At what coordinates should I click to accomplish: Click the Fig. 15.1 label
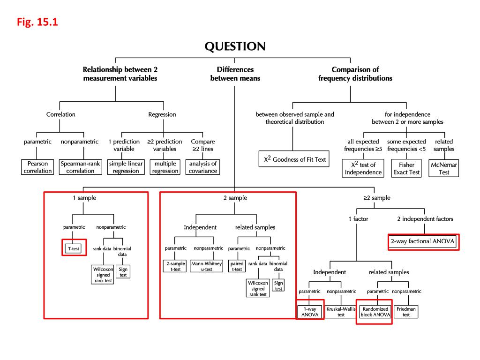click(38, 22)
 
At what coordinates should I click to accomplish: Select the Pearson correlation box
click(38, 167)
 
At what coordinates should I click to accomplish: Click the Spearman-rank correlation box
click(77, 167)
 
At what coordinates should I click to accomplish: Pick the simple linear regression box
click(124, 167)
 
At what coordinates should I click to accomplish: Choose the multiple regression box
click(165, 167)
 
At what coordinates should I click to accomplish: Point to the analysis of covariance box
click(203, 167)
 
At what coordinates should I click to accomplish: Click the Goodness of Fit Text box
click(294, 159)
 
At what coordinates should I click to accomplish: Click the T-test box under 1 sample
click(73, 248)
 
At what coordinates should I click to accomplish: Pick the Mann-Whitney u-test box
click(207, 266)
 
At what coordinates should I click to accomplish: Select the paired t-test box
click(237, 266)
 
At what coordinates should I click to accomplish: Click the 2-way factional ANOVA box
click(423, 242)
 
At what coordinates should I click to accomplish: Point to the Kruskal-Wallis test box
click(341, 312)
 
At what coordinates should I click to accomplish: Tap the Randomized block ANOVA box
click(375, 312)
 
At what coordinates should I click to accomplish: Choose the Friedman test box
click(406, 312)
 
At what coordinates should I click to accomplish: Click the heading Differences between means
click(235, 74)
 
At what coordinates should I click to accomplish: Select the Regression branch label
click(162, 114)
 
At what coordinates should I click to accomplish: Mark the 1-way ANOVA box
click(310, 312)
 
